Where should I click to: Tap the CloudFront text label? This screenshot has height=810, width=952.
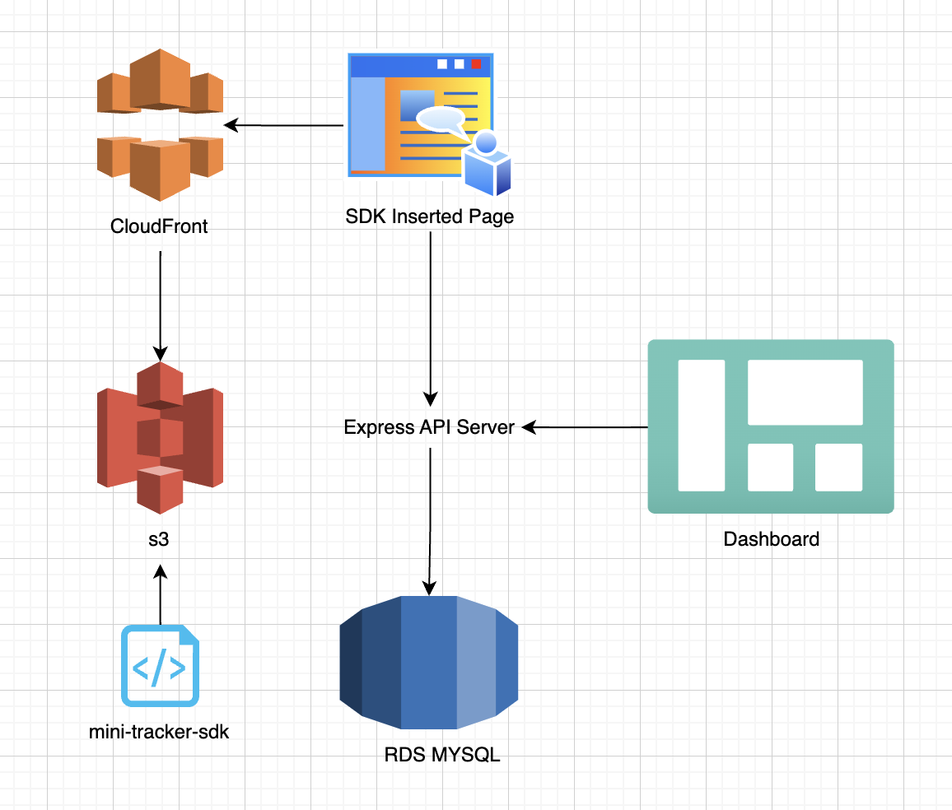click(159, 226)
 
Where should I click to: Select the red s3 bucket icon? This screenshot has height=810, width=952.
click(160, 437)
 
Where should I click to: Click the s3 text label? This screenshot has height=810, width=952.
click(160, 540)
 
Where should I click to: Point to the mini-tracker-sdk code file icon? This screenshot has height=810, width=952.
click(161, 666)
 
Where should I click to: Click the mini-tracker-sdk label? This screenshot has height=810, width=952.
click(159, 731)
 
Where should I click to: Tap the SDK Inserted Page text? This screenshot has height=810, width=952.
click(430, 216)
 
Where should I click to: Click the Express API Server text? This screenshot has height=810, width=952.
click(429, 427)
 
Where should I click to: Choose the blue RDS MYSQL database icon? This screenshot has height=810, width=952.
click(429, 663)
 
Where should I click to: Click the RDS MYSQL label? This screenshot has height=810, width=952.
click(442, 755)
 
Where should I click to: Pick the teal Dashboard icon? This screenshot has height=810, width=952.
click(770, 426)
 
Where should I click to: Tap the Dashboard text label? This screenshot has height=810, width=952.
click(771, 539)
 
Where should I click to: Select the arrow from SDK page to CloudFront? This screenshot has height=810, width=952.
click(284, 125)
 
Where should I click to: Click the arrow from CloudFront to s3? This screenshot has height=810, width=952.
click(160, 305)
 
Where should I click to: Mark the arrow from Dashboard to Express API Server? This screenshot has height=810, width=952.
click(585, 427)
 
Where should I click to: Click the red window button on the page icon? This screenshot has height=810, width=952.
click(476, 64)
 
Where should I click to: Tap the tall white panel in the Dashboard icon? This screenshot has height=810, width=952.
click(701, 425)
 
